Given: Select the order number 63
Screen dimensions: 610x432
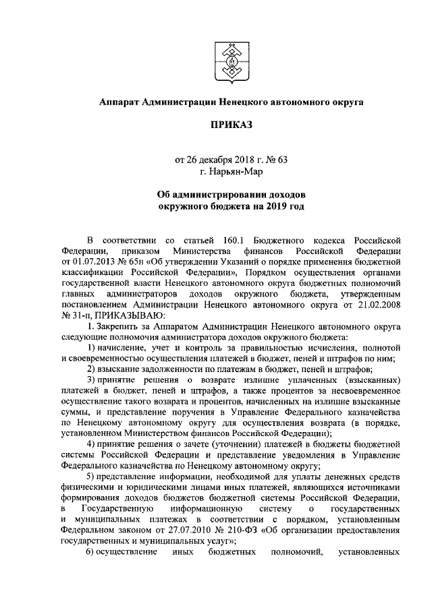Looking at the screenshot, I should [281, 160].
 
